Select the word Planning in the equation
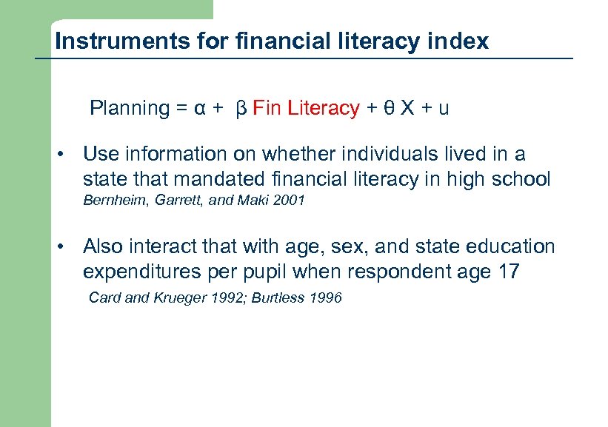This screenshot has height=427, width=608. (130, 109)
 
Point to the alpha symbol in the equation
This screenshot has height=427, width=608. (199, 109)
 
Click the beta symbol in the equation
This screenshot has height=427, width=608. (240, 109)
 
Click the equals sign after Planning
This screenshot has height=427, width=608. (181, 109)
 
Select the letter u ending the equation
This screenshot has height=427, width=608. (443, 109)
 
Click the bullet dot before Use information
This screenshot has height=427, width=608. (66, 155)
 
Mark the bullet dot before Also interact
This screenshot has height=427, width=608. (66, 246)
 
